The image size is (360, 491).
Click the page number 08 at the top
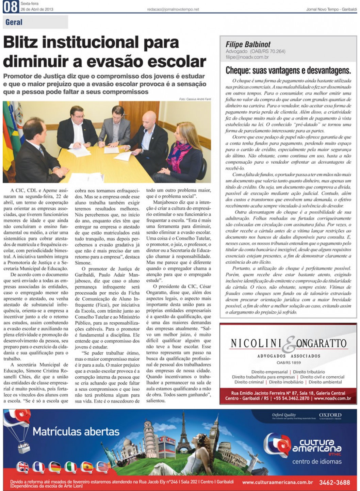tap(11, 6)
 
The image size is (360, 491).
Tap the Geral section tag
tap(14, 22)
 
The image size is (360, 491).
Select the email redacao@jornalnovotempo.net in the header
tap(173, 10)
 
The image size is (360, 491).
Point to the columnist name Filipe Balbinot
tap(248, 45)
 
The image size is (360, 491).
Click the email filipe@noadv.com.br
tap(247, 57)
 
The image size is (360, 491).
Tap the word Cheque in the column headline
tap(238, 70)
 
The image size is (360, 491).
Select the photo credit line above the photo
tap(195, 99)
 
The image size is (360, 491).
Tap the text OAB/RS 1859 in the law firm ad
tap(289, 363)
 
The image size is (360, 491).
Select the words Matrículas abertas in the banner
tap(76, 432)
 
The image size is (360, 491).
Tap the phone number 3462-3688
tap(334, 482)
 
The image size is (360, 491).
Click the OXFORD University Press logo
tap(330, 416)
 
